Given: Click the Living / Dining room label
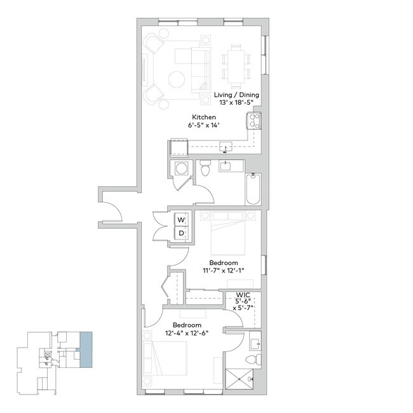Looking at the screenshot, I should pos(236,95).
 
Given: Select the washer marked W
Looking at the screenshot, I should pos(181,220).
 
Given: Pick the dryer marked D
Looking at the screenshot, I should pos(181,234).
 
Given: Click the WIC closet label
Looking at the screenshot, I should pos(242,295).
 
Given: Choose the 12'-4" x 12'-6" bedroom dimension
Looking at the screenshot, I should pos(186,332).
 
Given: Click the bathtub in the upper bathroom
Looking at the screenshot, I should pos(253,189).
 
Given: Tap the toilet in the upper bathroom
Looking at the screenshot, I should pos(205,169).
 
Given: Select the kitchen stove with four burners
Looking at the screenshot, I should pos(254,121).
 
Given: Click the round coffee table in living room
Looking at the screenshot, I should pos(177,79).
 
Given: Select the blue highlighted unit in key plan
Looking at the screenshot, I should pos(85,349).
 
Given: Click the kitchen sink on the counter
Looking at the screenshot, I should pos(226,147).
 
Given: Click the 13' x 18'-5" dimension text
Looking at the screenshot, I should pos(236,102).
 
